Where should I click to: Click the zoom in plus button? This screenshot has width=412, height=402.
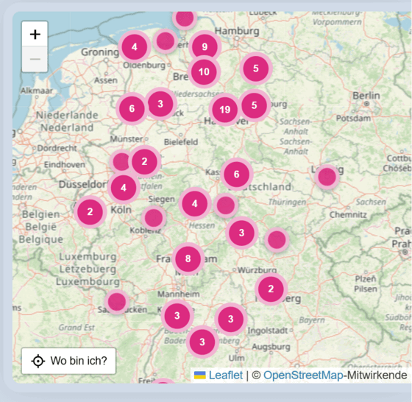35,34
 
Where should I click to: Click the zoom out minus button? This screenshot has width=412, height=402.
35,59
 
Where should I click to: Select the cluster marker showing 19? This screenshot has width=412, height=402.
225,110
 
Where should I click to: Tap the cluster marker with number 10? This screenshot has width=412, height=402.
204,72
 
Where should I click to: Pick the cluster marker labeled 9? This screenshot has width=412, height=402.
205,47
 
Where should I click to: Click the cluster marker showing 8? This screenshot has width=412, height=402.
188,258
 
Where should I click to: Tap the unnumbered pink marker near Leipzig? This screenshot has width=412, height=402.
327,177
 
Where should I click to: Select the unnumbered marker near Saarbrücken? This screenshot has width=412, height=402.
117,301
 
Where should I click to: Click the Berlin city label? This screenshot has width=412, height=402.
366,96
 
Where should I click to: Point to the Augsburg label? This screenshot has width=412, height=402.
271,346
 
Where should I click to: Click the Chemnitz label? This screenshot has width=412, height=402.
348,215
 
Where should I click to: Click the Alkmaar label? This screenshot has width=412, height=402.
37,91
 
